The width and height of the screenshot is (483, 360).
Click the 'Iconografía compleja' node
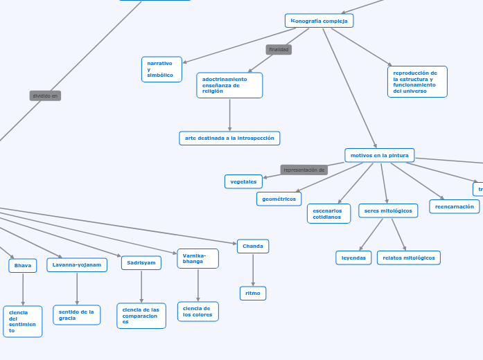pyautogui.click(x=319, y=21)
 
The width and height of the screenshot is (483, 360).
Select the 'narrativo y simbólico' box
pyautogui.click(x=161, y=69)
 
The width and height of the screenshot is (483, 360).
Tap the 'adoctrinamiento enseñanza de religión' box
pyautogui.click(x=229, y=85)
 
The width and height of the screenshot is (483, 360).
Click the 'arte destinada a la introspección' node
pyautogui.click(x=229, y=138)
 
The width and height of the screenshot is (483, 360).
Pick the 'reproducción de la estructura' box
pyautogui.click(x=417, y=82)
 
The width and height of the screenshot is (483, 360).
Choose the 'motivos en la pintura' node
pyautogui.click(x=379, y=155)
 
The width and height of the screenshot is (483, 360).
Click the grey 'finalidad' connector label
pyautogui.click(x=279, y=50)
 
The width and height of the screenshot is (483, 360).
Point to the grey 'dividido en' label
pyautogui.click(x=45, y=96)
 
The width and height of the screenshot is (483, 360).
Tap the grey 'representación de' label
pyautogui.click(x=304, y=170)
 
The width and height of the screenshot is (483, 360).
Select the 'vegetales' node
pyautogui.click(x=243, y=181)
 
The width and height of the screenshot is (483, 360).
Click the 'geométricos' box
pyautogui.click(x=279, y=199)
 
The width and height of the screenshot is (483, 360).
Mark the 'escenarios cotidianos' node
pyautogui.click(x=328, y=214)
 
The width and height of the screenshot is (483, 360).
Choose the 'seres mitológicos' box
pyautogui.click(x=388, y=210)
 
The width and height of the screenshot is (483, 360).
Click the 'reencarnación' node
pyautogui.click(x=454, y=206)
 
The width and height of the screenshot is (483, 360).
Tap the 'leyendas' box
pyautogui.click(x=353, y=258)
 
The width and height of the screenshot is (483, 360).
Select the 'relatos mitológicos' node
pyautogui.click(x=408, y=258)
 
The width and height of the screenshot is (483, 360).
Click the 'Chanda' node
pyautogui.click(x=253, y=246)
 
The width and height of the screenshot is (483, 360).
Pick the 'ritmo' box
pyautogui.click(x=253, y=294)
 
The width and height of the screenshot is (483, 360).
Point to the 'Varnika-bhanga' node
pyautogui.click(x=197, y=258)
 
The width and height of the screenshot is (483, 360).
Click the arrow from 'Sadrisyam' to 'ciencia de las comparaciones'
pyautogui.click(x=141, y=286)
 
